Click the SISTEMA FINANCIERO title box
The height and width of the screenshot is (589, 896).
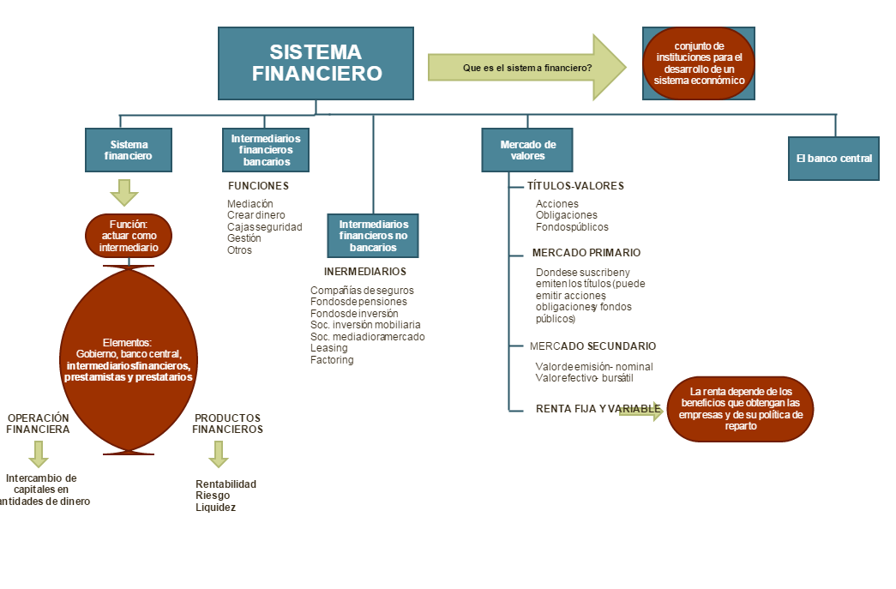click(x=316, y=63)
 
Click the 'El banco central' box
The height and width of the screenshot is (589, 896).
click(x=833, y=158)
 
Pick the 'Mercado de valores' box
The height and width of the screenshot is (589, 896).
click(x=527, y=150)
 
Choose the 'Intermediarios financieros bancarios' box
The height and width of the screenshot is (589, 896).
click(x=266, y=149)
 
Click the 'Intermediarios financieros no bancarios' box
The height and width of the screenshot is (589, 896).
click(x=373, y=236)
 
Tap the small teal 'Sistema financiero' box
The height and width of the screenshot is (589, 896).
click(x=129, y=150)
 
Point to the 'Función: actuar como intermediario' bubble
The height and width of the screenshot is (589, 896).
click(x=129, y=236)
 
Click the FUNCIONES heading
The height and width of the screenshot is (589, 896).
click(x=258, y=186)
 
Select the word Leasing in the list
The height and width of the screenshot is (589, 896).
click(x=328, y=348)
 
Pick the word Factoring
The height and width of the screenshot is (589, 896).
click(x=332, y=360)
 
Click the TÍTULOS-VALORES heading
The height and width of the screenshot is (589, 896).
click(x=575, y=186)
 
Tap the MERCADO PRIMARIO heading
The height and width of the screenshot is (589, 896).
click(x=586, y=253)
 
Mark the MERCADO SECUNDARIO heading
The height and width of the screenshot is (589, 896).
click(x=592, y=346)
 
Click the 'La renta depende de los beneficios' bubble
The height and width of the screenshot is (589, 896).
click(x=740, y=409)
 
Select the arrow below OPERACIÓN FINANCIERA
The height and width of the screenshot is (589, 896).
click(x=38, y=454)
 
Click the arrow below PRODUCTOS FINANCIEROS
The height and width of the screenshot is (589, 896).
click(x=219, y=454)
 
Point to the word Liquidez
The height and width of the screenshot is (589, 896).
click(x=215, y=508)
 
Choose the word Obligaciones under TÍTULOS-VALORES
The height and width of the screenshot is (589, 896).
click(x=566, y=215)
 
